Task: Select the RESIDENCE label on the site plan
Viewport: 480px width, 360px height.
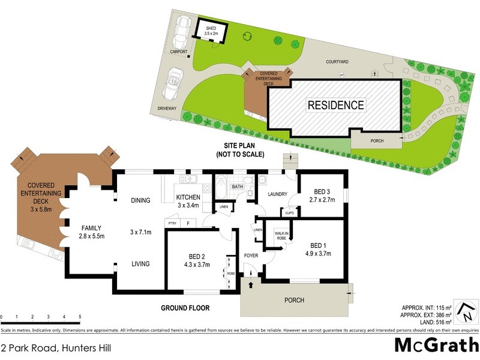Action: (335, 105)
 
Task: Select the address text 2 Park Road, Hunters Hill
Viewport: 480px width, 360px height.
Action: (56, 347)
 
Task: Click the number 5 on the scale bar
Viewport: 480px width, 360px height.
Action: (79, 317)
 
